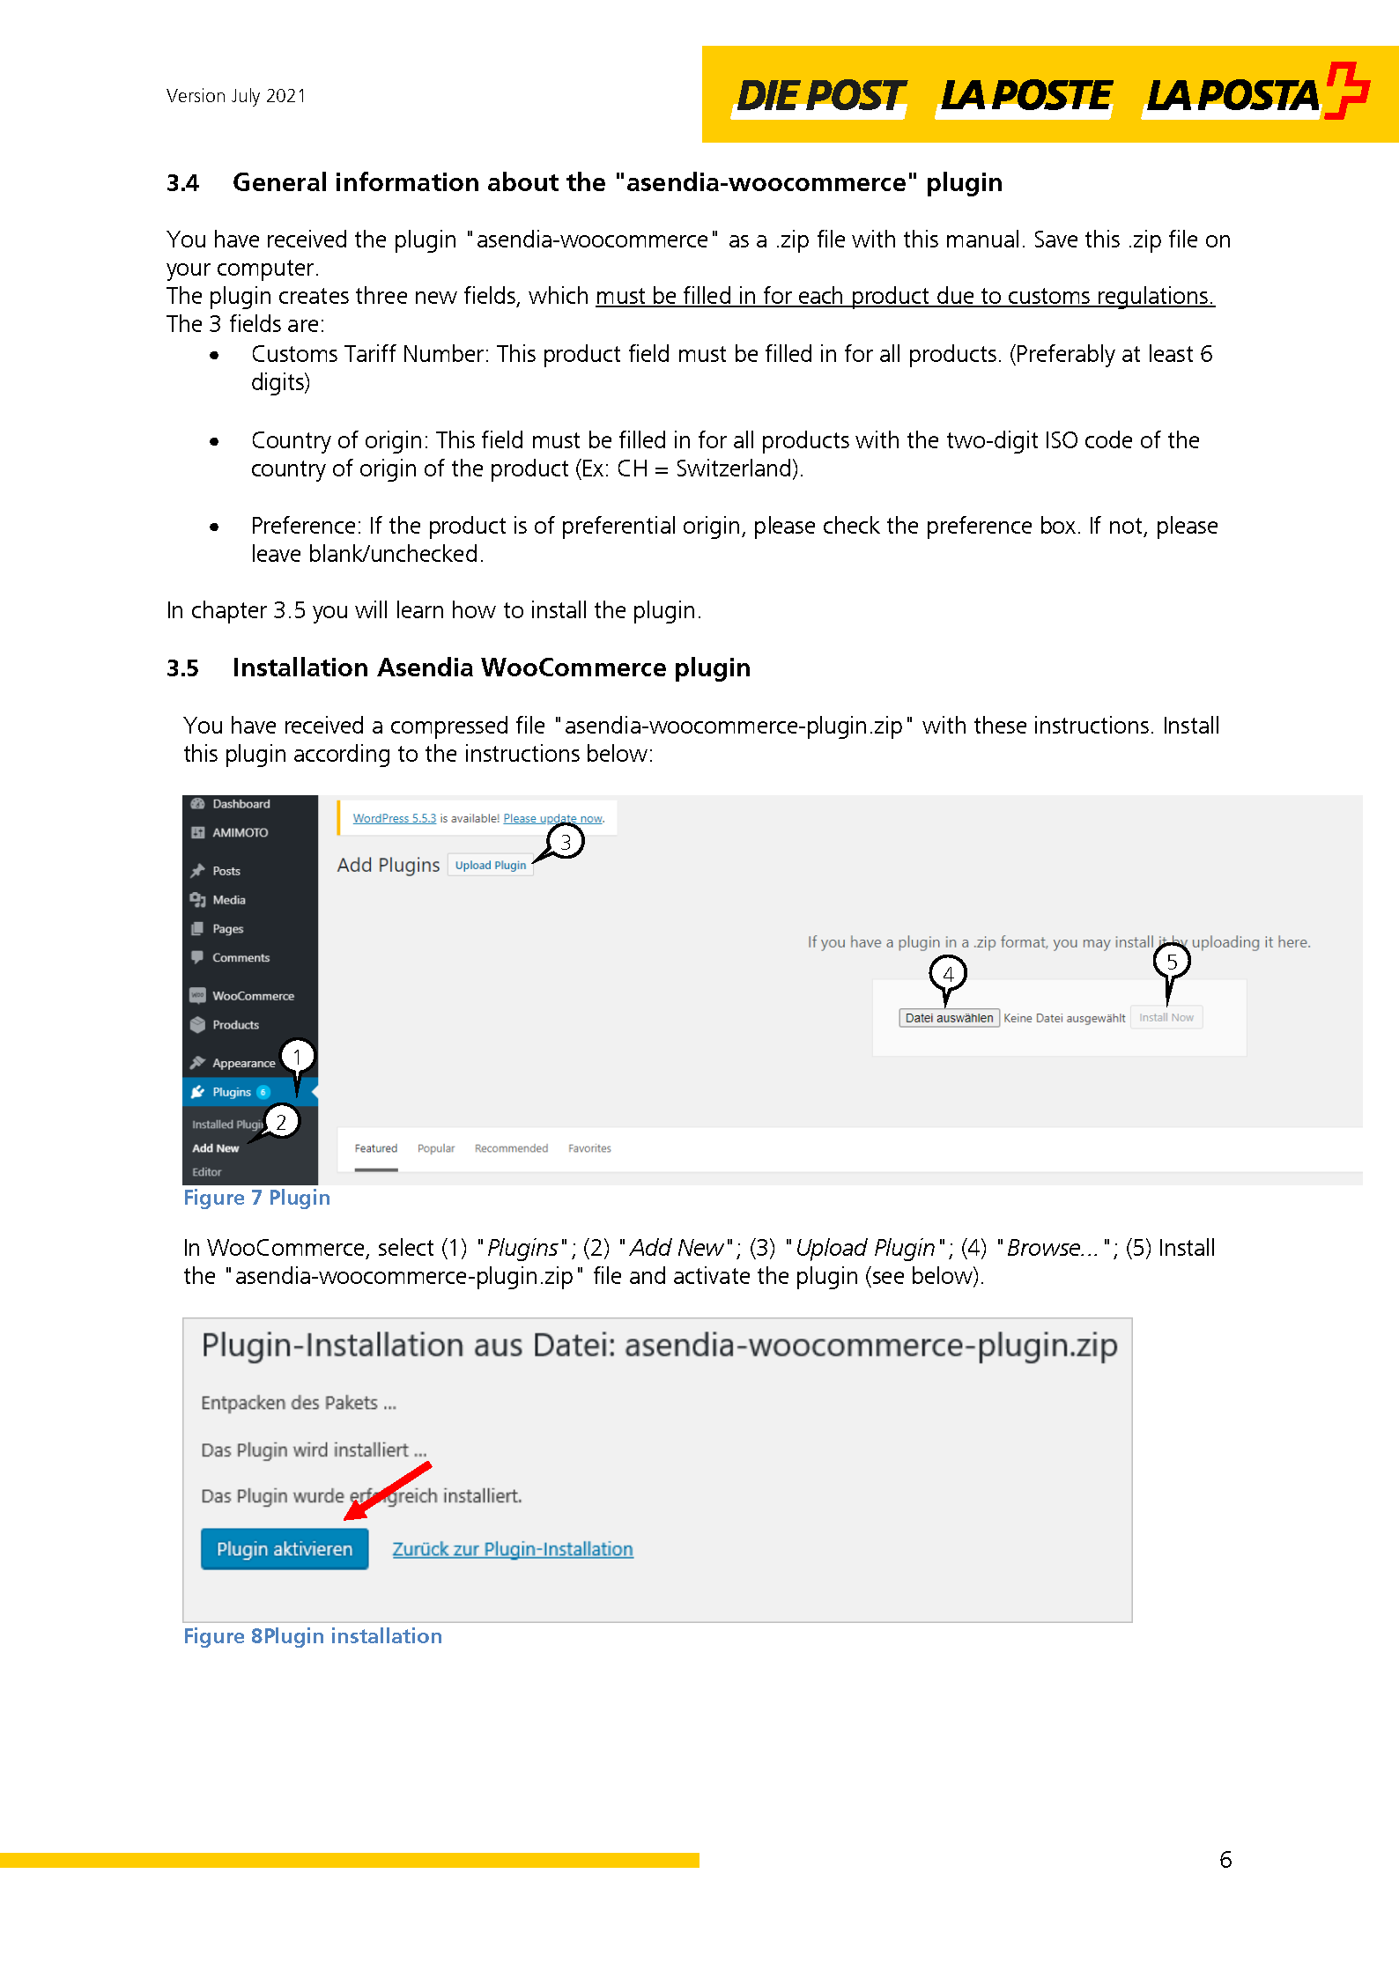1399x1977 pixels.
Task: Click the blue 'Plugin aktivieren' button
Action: pos(284,1548)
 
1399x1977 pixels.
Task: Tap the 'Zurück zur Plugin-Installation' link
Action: pos(512,1548)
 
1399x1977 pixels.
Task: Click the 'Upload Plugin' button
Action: pos(490,865)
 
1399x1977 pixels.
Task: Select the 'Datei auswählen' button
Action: pos(948,1017)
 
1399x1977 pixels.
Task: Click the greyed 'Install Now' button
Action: pos(1166,1017)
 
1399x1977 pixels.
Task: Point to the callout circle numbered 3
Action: pos(566,842)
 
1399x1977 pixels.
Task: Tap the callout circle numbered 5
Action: pos(1171,961)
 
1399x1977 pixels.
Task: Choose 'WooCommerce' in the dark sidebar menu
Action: pos(253,995)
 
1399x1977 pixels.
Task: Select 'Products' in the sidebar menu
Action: pos(235,1024)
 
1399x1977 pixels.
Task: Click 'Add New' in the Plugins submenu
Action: pos(215,1147)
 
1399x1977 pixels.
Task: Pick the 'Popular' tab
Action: pos(435,1147)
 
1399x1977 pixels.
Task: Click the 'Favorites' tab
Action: pos(588,1147)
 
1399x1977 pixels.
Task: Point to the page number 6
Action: pos(1225,1859)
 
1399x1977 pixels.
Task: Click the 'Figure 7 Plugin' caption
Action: pos(256,1197)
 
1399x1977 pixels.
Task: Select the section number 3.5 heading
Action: pos(182,668)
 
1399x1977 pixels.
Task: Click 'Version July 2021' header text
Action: pos(235,95)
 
